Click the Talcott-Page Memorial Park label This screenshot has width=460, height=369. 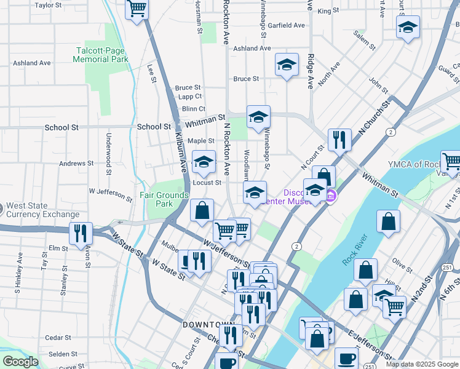click(x=100, y=55)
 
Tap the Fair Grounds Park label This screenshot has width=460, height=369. click(x=164, y=199)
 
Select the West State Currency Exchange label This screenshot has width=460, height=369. click(x=41, y=210)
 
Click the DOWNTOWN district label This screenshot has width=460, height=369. click(x=208, y=324)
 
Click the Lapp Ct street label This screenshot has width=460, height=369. click(x=188, y=97)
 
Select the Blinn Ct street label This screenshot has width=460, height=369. click(x=184, y=109)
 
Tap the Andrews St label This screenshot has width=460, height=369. click(x=76, y=164)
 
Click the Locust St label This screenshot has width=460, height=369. click(x=207, y=183)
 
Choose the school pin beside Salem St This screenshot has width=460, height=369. click(x=408, y=28)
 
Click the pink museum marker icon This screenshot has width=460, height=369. click(x=331, y=196)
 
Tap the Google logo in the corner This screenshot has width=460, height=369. click(x=20, y=362)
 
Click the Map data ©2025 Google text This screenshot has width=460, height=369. click(x=421, y=364)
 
